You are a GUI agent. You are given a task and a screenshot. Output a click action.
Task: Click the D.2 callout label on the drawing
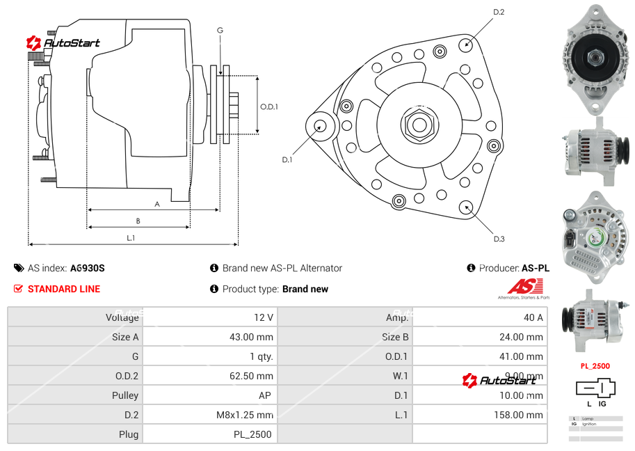(498, 12)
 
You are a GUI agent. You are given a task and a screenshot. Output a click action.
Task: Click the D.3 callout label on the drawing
(498, 239)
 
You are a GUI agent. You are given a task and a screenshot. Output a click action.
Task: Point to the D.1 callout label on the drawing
(287, 159)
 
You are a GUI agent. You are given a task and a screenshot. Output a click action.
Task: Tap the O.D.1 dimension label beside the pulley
(269, 106)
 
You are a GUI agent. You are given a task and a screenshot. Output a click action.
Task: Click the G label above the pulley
(220, 30)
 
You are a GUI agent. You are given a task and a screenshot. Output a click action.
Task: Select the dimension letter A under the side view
(157, 204)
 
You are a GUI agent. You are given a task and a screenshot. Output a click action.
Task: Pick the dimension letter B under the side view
(138, 221)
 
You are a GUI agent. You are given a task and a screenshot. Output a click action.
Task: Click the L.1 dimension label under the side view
(130, 238)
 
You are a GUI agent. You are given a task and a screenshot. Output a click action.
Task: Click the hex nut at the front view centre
(417, 125)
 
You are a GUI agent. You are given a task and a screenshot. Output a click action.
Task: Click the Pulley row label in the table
(125, 395)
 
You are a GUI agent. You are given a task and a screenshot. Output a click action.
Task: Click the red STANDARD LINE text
(64, 289)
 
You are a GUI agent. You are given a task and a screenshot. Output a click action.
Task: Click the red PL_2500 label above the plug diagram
(595, 365)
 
